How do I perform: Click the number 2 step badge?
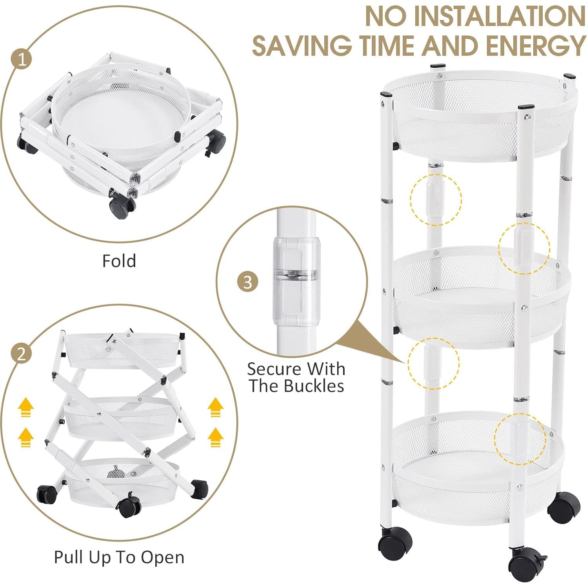coord(21,354)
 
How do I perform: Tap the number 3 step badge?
coord(248,282)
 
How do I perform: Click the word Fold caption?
coord(119,261)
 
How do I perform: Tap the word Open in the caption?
coord(163,558)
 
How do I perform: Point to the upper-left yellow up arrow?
coord(26,407)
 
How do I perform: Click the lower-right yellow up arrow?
coord(215,437)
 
